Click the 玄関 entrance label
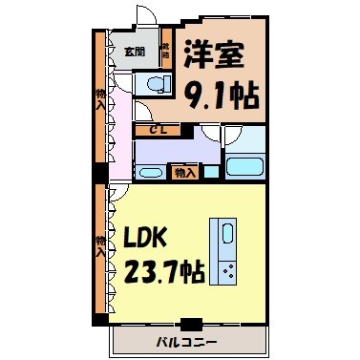[134, 51]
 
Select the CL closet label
[153, 128]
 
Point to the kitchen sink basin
[228, 235]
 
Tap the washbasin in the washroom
[151, 174]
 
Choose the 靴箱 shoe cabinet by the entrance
[164, 52]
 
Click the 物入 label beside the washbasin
[185, 173]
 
